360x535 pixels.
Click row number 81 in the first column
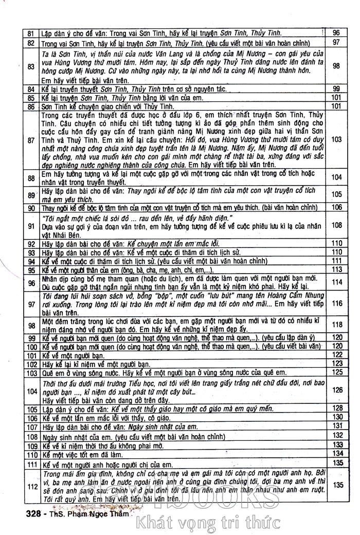click(x=30, y=32)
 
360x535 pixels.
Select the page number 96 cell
click(x=337, y=32)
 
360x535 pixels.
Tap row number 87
click(x=30, y=139)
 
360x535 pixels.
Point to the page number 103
click(x=337, y=139)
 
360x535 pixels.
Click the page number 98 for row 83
click(x=337, y=66)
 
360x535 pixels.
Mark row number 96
click(x=30, y=282)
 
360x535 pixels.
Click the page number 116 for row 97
click(x=337, y=304)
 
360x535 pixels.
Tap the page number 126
click(x=337, y=390)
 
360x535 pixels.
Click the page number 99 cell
click(x=337, y=88)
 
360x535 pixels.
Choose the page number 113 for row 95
click(x=337, y=270)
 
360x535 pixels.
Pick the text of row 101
click(x=72, y=355)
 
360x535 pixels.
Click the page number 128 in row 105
click(x=337, y=408)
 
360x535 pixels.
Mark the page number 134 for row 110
click(x=337, y=453)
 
